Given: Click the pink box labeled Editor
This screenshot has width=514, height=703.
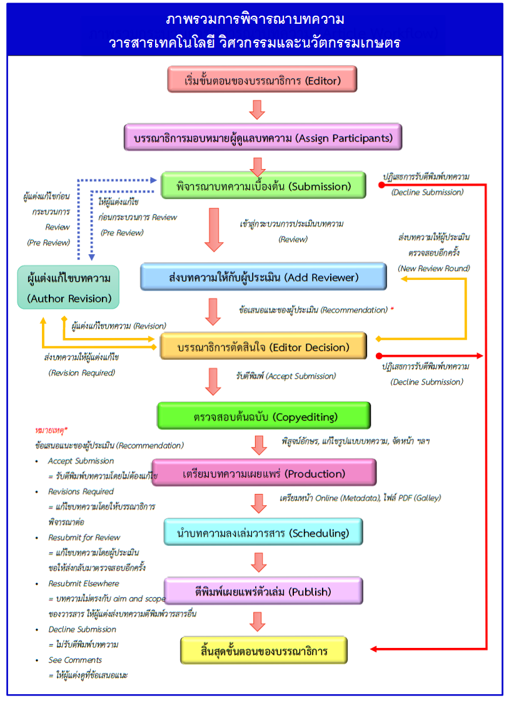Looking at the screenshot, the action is point(262,80).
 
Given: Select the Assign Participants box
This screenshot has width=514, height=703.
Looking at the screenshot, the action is point(263,137).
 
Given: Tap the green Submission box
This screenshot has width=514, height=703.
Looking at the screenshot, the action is point(263,185).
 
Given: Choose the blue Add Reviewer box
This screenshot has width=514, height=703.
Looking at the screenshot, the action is point(263,277).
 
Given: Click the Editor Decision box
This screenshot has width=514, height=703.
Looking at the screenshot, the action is point(263,346).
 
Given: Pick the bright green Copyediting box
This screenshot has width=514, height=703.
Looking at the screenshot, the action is point(264,416).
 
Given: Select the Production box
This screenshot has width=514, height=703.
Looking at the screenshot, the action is point(264,473).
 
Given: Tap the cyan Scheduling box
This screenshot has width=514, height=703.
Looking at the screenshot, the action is point(263,532).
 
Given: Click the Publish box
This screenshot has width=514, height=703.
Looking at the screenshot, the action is point(263,591).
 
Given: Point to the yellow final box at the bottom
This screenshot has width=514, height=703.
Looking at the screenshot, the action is point(264,650).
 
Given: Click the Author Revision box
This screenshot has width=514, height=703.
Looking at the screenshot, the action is point(68,287).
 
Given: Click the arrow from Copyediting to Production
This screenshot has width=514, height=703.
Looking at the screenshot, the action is point(260,445).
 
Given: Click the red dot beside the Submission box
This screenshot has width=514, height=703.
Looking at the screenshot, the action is point(381,185).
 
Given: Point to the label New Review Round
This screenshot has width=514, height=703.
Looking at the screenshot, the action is point(434,268).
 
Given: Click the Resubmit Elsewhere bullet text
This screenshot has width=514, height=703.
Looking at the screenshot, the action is point(84,583).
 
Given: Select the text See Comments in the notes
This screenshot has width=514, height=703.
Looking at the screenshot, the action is point(75,660).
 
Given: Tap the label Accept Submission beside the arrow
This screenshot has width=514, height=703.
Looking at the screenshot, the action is point(286,376).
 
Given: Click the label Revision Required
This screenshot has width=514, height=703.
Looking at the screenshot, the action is point(82,372).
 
